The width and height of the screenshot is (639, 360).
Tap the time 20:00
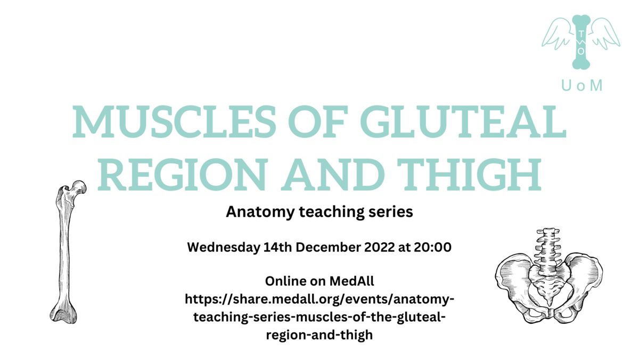pos(434,248)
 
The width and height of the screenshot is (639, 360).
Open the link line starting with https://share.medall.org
pos(319,300)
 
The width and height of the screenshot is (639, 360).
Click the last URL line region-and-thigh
pos(319,336)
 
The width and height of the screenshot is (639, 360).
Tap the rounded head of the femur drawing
pos(79,187)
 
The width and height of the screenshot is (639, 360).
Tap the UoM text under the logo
pos(582,85)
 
